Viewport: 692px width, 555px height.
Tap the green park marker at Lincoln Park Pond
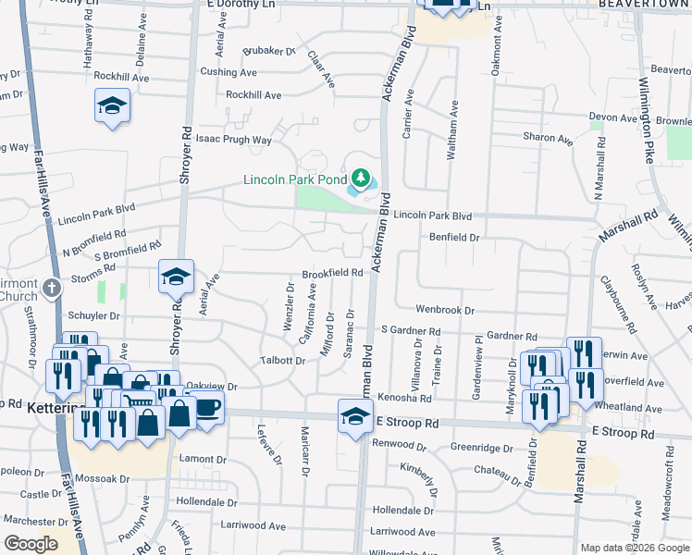[361, 177]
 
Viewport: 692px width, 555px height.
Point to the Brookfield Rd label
[332, 274]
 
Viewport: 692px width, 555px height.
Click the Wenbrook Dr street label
[444, 311]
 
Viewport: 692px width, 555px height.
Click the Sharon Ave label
[548, 138]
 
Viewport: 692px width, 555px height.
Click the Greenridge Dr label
[482, 449]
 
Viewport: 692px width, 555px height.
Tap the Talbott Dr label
[282, 360]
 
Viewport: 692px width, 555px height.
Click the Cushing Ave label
[229, 71]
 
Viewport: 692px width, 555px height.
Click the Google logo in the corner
[30, 544]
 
